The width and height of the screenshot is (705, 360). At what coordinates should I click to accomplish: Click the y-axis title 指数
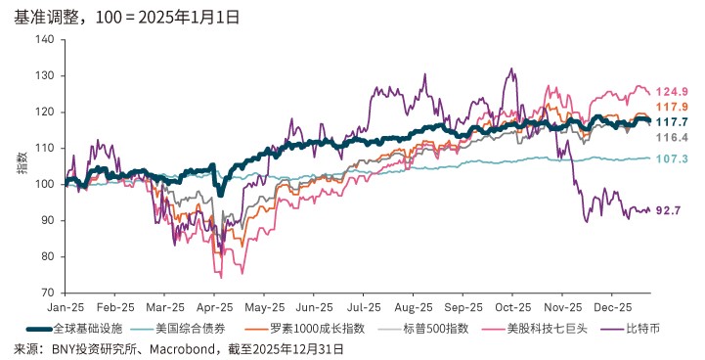pyautogui.click(x=21, y=165)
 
